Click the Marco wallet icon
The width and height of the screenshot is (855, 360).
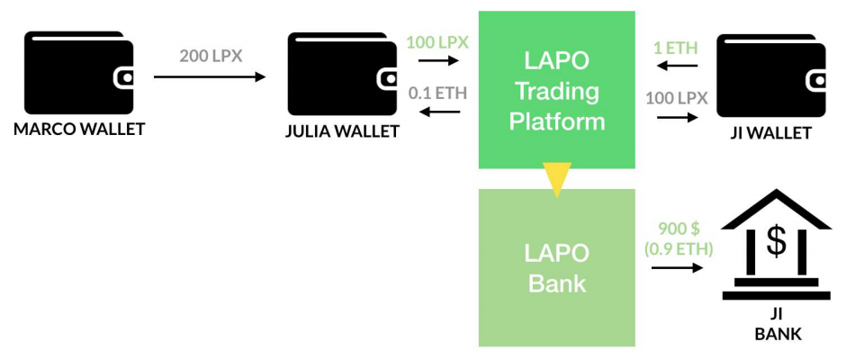(79, 73)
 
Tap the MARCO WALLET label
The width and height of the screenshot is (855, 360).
(79, 130)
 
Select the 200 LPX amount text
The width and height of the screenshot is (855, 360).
(211, 56)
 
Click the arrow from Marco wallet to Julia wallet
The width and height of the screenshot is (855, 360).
(210, 76)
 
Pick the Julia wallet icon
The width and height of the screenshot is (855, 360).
(342, 76)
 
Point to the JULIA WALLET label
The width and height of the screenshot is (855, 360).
(342, 132)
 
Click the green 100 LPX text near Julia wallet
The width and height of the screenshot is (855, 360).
(437, 42)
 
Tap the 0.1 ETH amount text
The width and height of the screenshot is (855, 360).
(437, 93)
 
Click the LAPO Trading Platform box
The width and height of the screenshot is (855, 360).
(557, 90)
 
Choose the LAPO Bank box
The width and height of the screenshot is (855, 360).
(557, 267)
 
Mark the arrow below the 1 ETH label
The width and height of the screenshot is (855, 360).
(677, 66)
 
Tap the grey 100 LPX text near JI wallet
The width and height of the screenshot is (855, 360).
(677, 99)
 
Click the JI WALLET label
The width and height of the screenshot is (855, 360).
(770, 132)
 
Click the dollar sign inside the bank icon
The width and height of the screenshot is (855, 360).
(777, 241)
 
